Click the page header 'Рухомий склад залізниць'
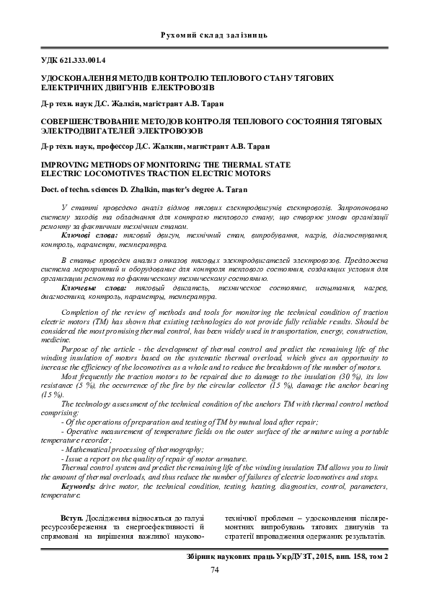click(x=215, y=34)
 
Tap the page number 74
click(x=214, y=570)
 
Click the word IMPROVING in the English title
click(x=64, y=165)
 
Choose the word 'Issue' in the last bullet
click(x=75, y=459)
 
